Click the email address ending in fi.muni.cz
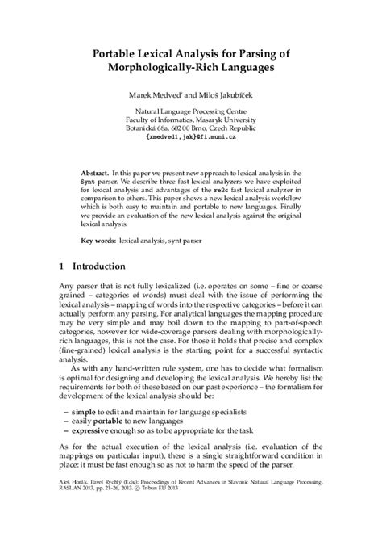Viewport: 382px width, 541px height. coord(191,148)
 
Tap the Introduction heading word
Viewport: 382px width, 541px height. coord(98,266)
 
